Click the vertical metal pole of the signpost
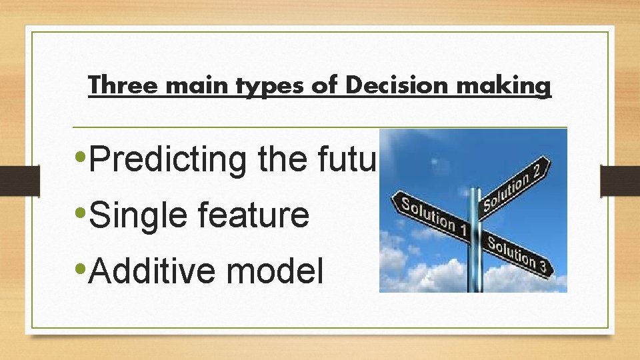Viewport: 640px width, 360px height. pos(474,267)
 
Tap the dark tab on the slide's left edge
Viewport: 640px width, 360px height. pos(19,181)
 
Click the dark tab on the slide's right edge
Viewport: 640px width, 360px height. pos(620,181)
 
